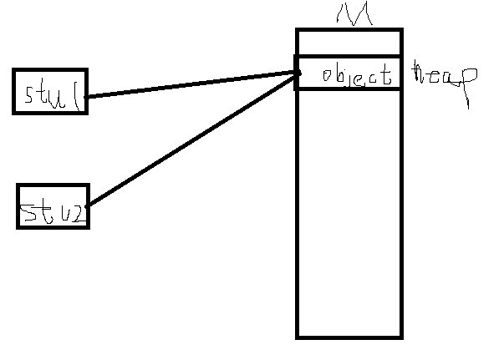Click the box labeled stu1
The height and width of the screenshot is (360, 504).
click(50, 91)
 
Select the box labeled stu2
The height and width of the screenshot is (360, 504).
click(53, 206)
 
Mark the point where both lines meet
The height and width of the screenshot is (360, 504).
click(299, 74)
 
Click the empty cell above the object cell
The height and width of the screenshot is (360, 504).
click(349, 43)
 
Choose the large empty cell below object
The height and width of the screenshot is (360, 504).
click(349, 213)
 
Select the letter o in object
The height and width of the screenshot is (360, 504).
click(327, 78)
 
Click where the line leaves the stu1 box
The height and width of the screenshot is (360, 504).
click(87, 96)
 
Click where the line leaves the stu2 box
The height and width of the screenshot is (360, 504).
click(88, 205)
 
